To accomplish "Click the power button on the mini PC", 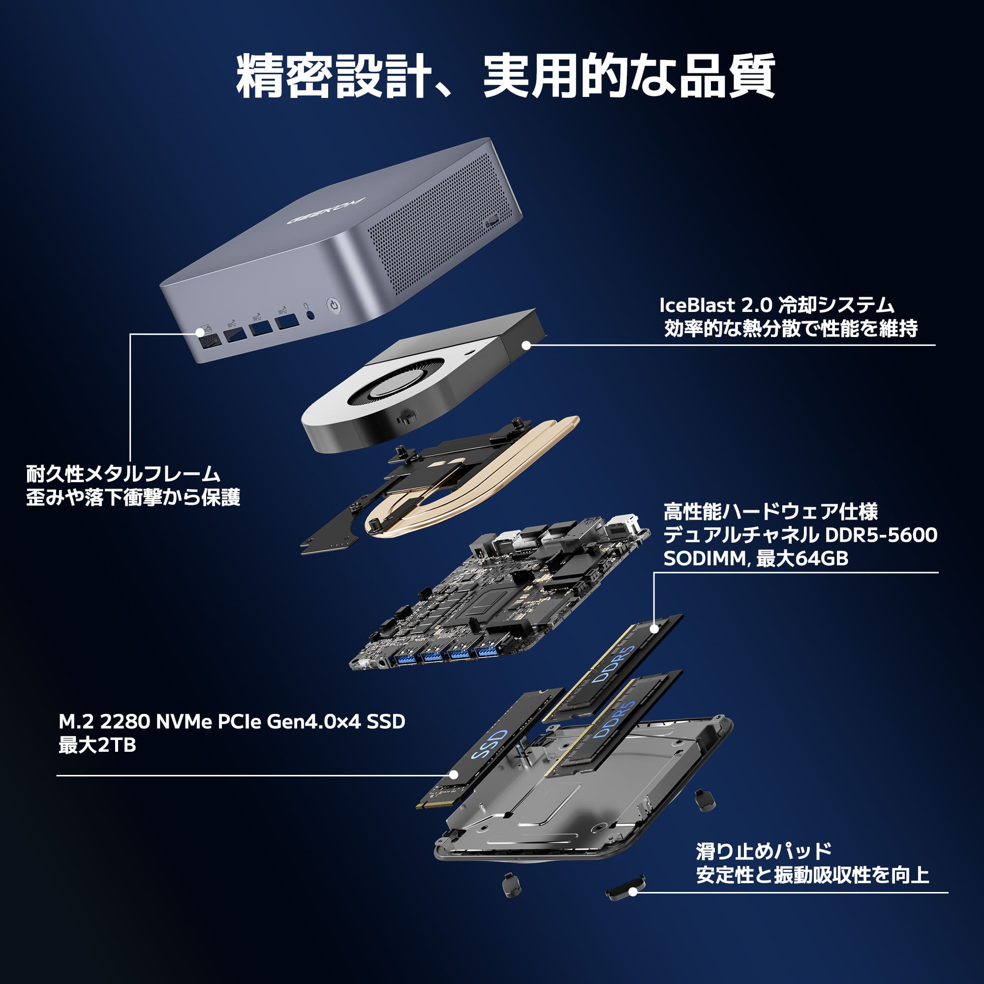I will click(333, 305).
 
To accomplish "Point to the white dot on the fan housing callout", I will click(526, 345).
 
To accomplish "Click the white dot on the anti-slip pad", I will click(633, 892).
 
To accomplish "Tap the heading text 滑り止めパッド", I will click(764, 851).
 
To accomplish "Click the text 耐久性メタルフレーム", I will click(123, 474).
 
